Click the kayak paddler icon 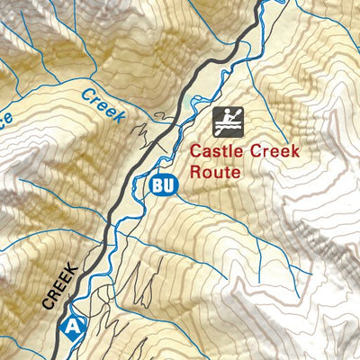click(x=227, y=120)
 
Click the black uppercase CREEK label click(x=62, y=287)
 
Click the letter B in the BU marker click(x=158, y=185)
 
